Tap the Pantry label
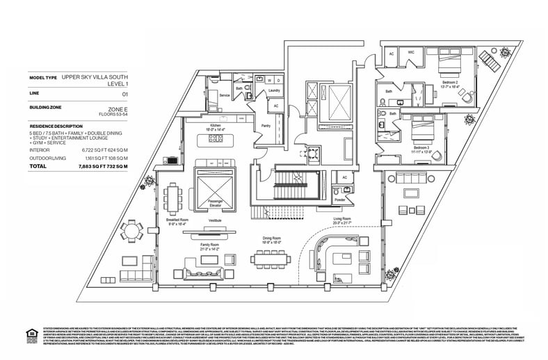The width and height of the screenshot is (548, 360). tap(265, 126)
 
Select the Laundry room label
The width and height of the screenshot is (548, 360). tap(273, 90)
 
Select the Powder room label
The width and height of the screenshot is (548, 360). tap(340, 199)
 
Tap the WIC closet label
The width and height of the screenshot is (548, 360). tap(411, 53)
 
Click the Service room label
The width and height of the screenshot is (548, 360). tap(224, 95)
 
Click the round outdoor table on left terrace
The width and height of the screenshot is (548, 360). tap(131, 230)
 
